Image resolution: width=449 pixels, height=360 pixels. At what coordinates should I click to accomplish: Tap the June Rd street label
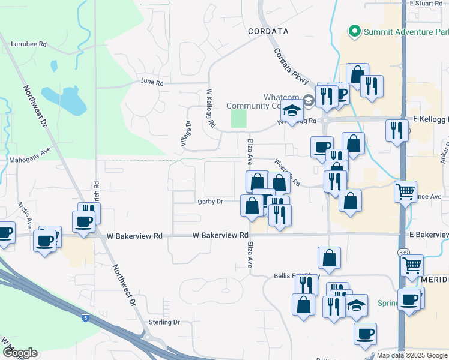coord(152,82)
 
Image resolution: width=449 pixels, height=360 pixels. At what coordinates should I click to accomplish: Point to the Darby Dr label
coord(210,202)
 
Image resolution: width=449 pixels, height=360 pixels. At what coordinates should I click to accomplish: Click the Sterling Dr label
coord(164,322)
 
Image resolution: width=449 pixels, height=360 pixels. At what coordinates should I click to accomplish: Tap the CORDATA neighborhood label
coord(268,31)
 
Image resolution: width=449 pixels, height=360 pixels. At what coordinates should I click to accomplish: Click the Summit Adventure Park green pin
coord(354,31)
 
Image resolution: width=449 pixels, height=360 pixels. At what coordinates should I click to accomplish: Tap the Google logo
coord(19,353)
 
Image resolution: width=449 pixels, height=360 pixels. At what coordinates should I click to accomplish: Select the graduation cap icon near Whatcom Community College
coord(292,112)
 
